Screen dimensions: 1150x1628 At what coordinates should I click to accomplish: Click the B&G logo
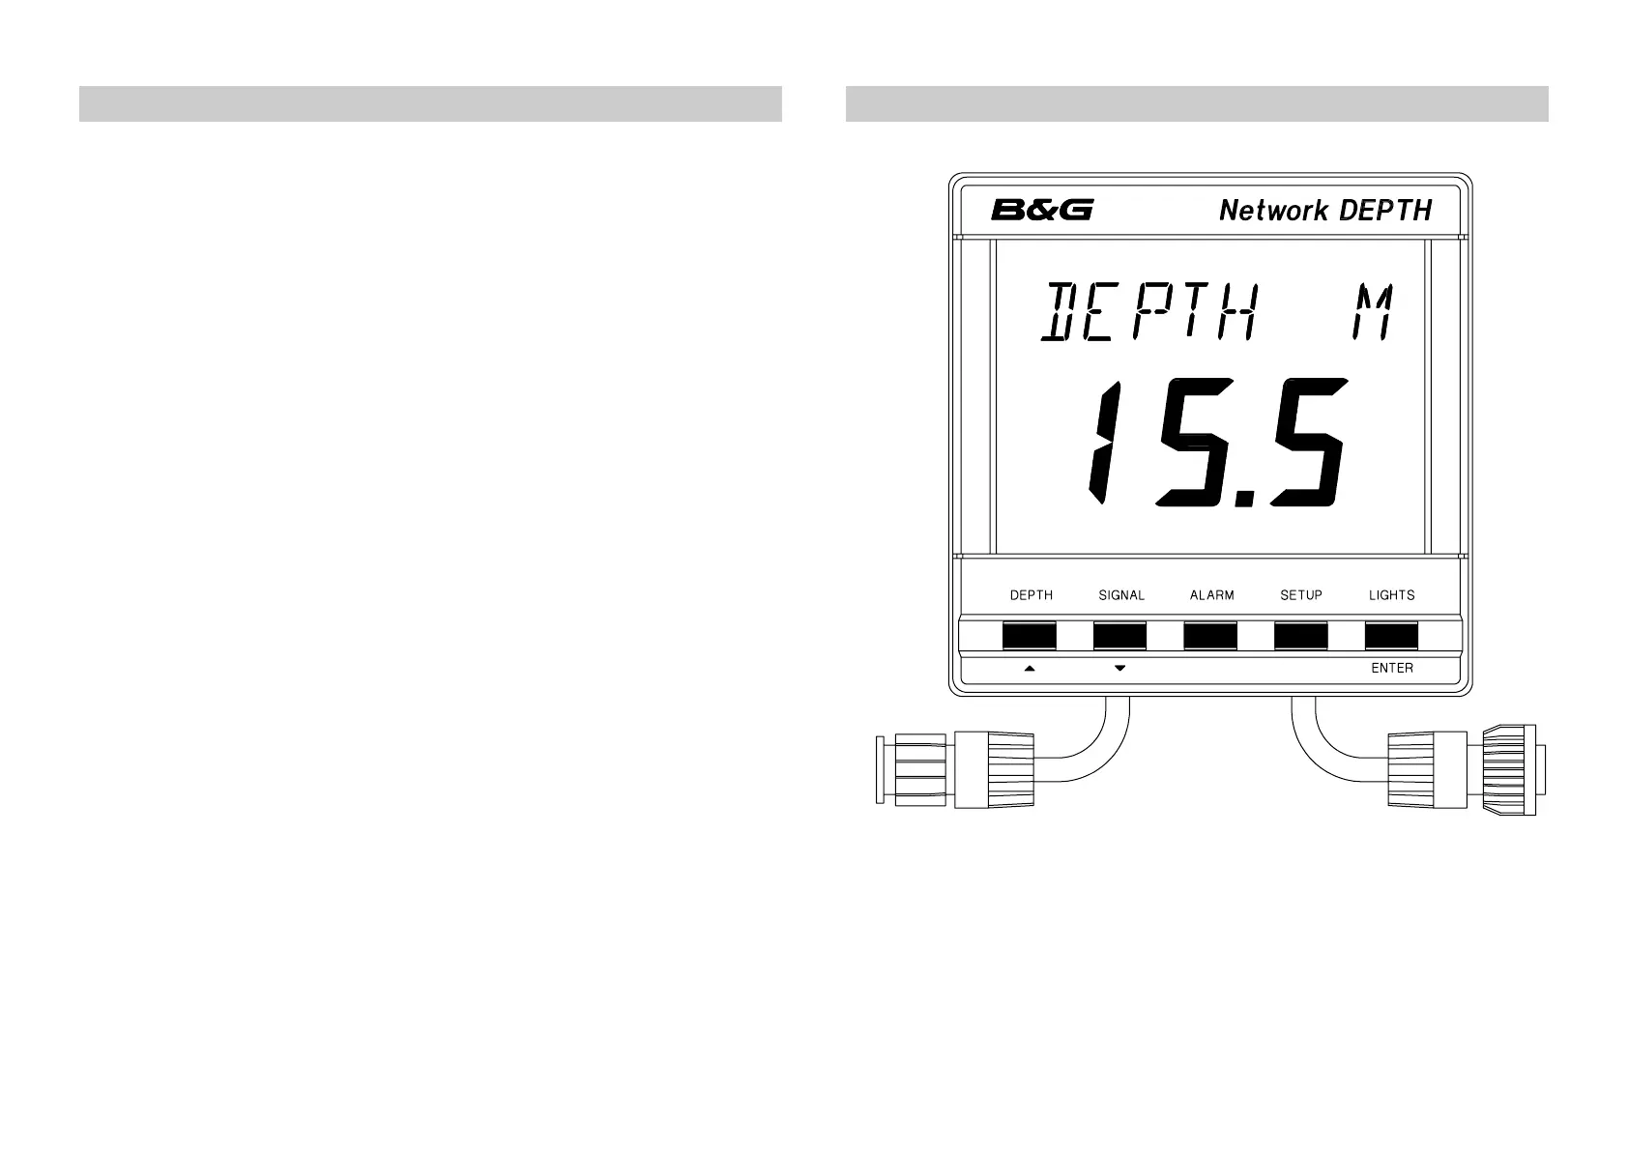1041,210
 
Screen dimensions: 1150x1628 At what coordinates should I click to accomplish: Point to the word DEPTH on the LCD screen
1149,312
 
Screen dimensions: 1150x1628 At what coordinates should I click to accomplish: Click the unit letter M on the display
1374,312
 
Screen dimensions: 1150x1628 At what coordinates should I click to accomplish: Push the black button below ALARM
1210,636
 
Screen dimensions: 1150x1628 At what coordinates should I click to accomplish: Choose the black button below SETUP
1301,636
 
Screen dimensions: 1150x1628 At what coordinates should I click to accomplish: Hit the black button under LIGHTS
1391,636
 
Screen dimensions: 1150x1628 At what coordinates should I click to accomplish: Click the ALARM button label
1211,595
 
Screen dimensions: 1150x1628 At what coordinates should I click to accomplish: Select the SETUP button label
1301,595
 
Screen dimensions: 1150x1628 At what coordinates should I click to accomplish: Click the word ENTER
1392,668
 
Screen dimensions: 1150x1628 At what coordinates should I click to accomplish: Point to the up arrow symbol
1030,668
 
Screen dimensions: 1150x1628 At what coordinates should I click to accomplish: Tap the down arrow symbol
1119,668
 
